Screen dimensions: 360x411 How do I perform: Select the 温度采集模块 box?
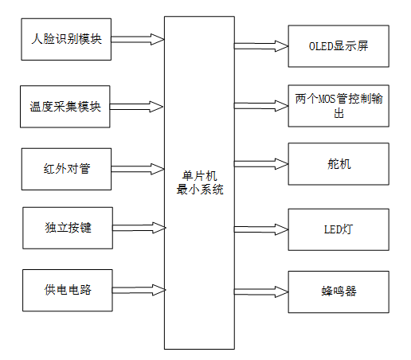click(x=66, y=106)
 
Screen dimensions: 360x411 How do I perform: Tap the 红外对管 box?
click(x=66, y=168)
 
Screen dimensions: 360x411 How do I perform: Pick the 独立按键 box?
click(x=68, y=228)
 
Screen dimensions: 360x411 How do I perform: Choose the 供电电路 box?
click(x=68, y=289)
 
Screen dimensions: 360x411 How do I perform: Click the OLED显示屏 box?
click(x=338, y=46)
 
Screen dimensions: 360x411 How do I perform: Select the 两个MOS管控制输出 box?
click(x=338, y=106)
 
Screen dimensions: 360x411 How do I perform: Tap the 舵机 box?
click(x=338, y=165)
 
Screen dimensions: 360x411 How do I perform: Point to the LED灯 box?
click(x=338, y=229)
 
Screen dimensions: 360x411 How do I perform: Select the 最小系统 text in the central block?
click(x=199, y=190)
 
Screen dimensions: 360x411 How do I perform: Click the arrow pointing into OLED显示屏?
click(x=260, y=46)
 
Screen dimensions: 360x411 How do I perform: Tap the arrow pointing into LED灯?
click(x=260, y=229)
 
